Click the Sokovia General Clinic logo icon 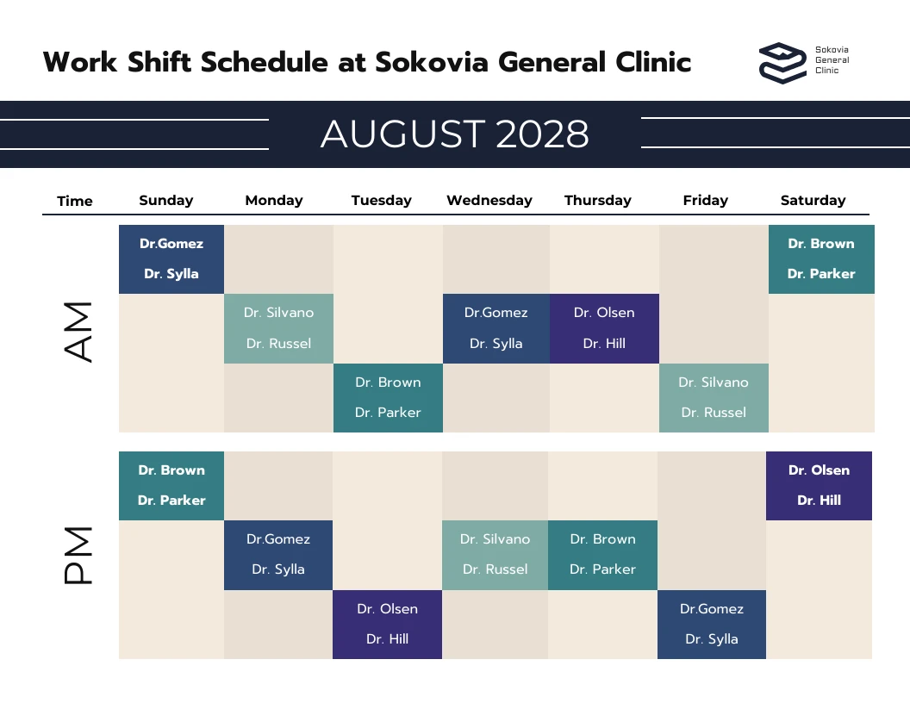tap(782, 63)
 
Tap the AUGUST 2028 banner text tap(455, 134)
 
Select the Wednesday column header tap(489, 201)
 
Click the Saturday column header tap(813, 201)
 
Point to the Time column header tap(75, 202)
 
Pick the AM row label tap(78, 331)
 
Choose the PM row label tap(78, 557)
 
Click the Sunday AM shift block tap(171, 259)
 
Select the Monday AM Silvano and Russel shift tap(278, 328)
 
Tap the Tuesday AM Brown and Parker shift tap(388, 397)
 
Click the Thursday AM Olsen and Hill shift tap(604, 328)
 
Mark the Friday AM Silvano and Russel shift tap(714, 397)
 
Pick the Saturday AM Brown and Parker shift tap(821, 259)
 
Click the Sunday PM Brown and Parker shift tap(171, 486)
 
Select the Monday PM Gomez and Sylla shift tap(278, 555)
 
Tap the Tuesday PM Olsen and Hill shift tap(388, 625)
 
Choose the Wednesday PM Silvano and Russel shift tap(495, 555)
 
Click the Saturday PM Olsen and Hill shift tap(819, 486)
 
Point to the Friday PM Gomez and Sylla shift tap(712, 625)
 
